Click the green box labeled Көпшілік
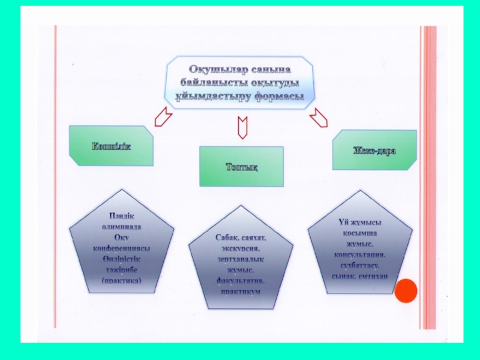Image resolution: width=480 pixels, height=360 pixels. pyautogui.click(x=111, y=146)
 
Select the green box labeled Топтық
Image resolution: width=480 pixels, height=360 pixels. pyautogui.click(x=241, y=166)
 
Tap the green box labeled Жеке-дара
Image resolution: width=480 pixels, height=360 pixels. pyautogui.click(x=374, y=149)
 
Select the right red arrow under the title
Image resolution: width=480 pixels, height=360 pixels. pyautogui.click(x=319, y=116)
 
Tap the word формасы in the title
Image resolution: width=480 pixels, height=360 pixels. pyautogui.click(x=278, y=97)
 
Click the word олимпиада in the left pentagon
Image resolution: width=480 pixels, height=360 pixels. pyautogui.click(x=121, y=227)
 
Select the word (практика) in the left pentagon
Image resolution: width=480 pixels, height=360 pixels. pyautogui.click(x=122, y=280)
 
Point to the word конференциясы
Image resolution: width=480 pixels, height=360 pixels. pyautogui.click(x=122, y=248)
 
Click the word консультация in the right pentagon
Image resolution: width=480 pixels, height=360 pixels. pyautogui.click(x=360, y=254)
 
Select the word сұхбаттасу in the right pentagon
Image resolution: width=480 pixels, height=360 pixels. pyautogui.click(x=360, y=265)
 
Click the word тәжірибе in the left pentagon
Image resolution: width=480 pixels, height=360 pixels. pyautogui.click(x=122, y=269)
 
